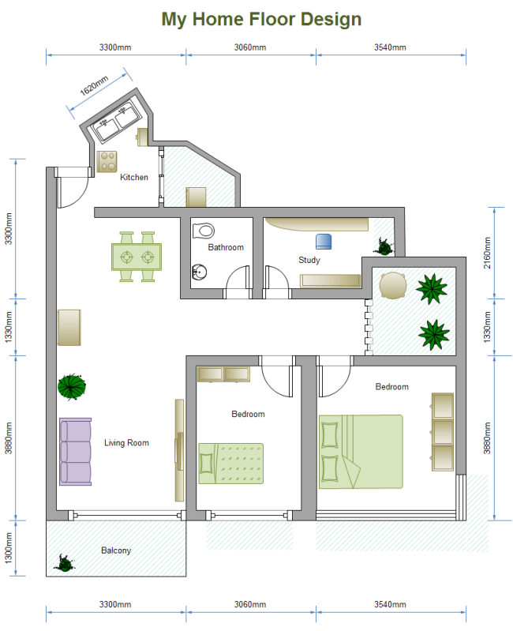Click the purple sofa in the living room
(x=75, y=452)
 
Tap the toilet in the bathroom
(x=204, y=231)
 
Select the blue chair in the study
(x=324, y=242)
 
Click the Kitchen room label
(x=134, y=177)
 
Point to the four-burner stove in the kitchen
(x=107, y=161)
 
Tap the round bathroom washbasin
(x=199, y=272)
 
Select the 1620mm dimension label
(x=94, y=86)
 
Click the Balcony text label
(x=116, y=550)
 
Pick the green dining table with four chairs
(x=137, y=257)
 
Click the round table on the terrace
(x=393, y=286)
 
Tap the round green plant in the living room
(x=72, y=387)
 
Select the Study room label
(x=309, y=260)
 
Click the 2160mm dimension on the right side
(x=487, y=253)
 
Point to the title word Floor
(x=272, y=19)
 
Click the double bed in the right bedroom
(x=361, y=452)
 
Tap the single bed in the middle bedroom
(x=230, y=464)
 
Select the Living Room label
(x=126, y=443)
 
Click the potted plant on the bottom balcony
(x=65, y=563)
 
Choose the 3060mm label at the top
(x=250, y=47)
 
